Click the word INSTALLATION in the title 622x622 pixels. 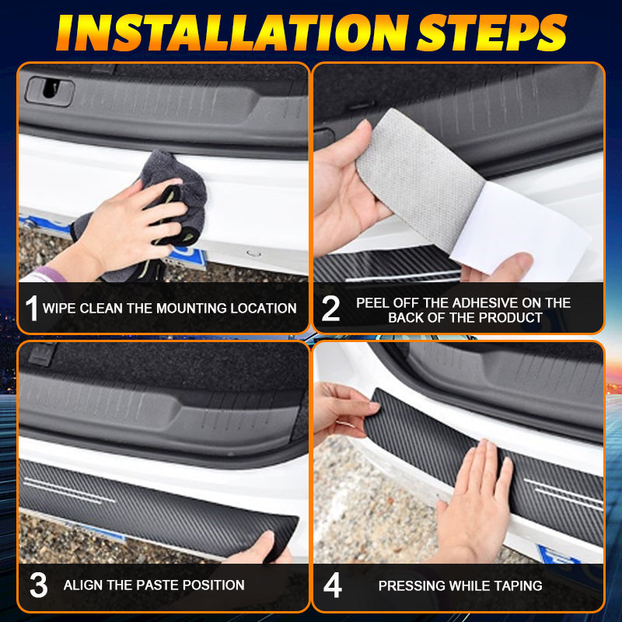[x=232, y=33]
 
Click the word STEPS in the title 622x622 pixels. [x=492, y=33]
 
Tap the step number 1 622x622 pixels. [x=32, y=308]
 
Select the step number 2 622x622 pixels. [x=330, y=308]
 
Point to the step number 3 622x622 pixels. [x=38, y=585]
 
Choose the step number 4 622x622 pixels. [x=333, y=585]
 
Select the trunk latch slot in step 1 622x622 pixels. [x=50, y=91]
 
